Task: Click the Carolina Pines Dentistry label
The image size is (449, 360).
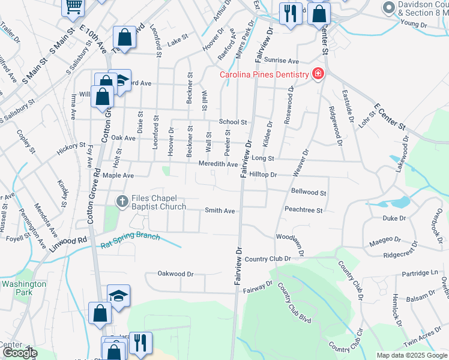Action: click(264, 74)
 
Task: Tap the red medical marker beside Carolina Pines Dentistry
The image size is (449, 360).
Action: click(318, 74)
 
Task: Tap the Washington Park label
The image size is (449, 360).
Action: click(23, 288)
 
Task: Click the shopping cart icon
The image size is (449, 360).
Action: click(73, 7)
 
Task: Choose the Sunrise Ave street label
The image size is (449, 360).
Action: click(282, 61)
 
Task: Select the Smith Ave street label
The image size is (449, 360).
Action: click(220, 211)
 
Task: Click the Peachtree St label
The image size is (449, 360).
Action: click(304, 211)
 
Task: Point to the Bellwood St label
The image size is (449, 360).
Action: click(308, 193)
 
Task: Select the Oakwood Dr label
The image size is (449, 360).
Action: click(175, 274)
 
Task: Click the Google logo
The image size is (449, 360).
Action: click(20, 353)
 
